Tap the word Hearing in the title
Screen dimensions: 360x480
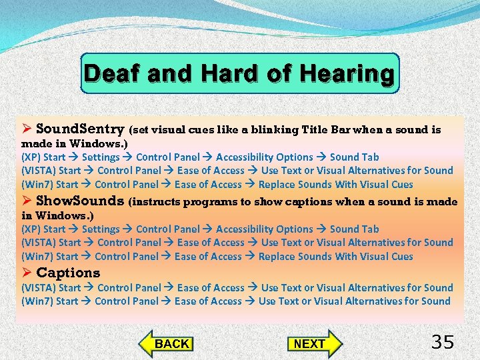(x=347, y=74)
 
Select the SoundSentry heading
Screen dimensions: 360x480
(x=80, y=129)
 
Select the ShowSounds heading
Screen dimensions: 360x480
(x=80, y=201)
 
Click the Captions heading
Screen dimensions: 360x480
(x=68, y=273)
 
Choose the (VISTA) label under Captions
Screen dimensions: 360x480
(x=39, y=288)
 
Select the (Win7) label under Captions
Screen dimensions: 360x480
(x=37, y=301)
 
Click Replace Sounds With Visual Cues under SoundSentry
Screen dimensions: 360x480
(x=335, y=185)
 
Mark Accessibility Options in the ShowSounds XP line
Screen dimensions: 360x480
(x=264, y=229)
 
